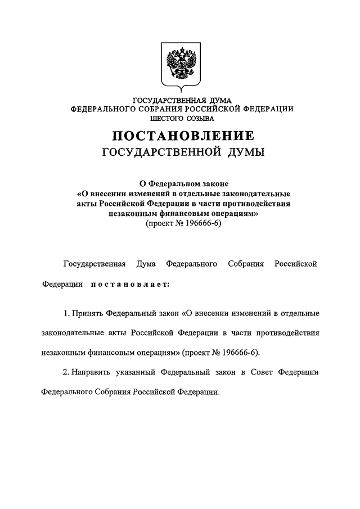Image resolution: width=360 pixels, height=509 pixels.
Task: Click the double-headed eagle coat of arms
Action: tap(181, 65)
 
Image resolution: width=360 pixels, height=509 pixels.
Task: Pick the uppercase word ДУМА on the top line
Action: tap(215, 100)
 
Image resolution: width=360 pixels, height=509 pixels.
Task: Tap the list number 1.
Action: tap(66, 312)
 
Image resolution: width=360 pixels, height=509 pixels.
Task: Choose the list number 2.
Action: tap(66, 372)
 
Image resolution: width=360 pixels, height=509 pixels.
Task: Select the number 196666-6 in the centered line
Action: tap(199, 223)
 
